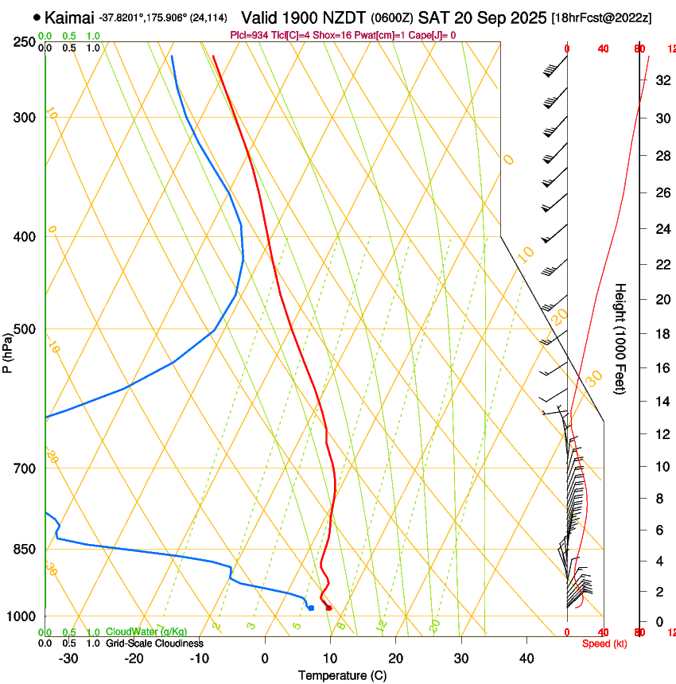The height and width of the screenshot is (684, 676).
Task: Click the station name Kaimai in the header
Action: [69, 17]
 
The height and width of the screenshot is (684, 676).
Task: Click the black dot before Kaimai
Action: [37, 17]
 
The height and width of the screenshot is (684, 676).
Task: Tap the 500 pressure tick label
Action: [24, 329]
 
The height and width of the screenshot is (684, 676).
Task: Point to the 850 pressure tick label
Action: [24, 549]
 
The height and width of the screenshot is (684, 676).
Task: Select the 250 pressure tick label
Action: [24, 41]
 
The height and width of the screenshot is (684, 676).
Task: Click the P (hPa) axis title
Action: [8, 349]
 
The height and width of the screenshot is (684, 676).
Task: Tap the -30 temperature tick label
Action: [68, 659]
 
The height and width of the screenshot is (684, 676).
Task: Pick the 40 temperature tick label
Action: [526, 659]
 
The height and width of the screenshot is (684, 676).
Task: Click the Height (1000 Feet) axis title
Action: [621, 338]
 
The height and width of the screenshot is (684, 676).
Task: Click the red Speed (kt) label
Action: [604, 643]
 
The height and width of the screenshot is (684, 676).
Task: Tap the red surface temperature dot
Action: [328, 608]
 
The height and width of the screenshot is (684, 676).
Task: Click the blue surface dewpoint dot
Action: [311, 608]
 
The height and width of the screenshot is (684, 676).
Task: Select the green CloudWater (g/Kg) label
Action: [146, 632]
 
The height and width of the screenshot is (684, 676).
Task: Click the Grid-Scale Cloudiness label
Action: [154, 643]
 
